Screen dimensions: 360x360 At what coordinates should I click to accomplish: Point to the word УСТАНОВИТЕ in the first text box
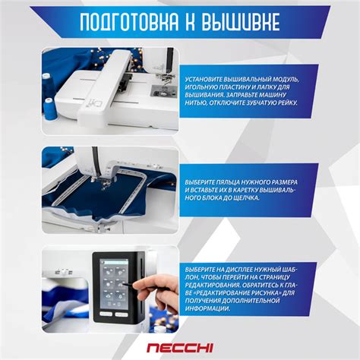click(x=208, y=78)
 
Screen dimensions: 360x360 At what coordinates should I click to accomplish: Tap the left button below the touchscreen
click(x=106, y=311)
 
